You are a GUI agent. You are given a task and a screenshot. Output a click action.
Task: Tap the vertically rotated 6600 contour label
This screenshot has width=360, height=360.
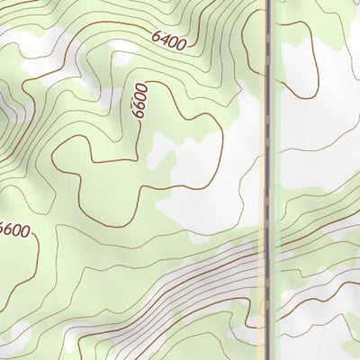click(x=139, y=102)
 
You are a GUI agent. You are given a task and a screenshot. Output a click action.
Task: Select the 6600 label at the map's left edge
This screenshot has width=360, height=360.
click(x=14, y=230)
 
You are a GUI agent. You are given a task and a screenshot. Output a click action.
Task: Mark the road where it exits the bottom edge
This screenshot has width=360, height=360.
click(x=268, y=357)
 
